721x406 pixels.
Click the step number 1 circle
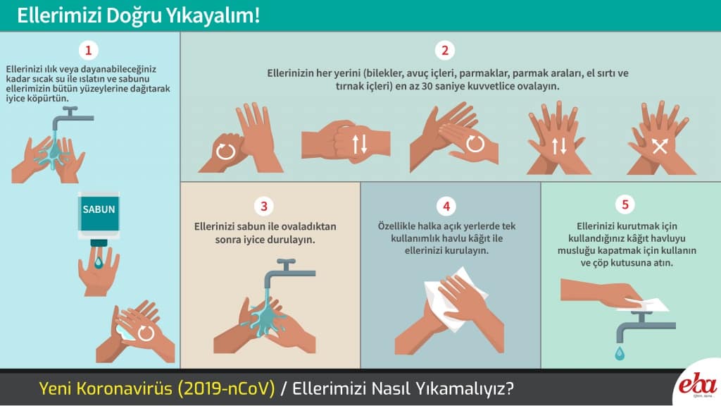click(88, 50)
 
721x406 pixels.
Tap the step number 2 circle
click(445, 50)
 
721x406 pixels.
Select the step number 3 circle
click(264, 207)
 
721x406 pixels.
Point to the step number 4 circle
click(446, 207)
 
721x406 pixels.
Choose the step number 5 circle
click(625, 204)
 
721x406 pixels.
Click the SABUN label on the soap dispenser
click(99, 209)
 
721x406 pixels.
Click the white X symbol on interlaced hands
click(660, 147)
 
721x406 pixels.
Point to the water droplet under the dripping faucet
click(620, 353)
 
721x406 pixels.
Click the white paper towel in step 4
click(451, 299)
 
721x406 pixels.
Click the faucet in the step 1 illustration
click(72, 118)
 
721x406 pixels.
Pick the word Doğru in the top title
click(134, 16)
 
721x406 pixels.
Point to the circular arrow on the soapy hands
click(146, 333)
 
